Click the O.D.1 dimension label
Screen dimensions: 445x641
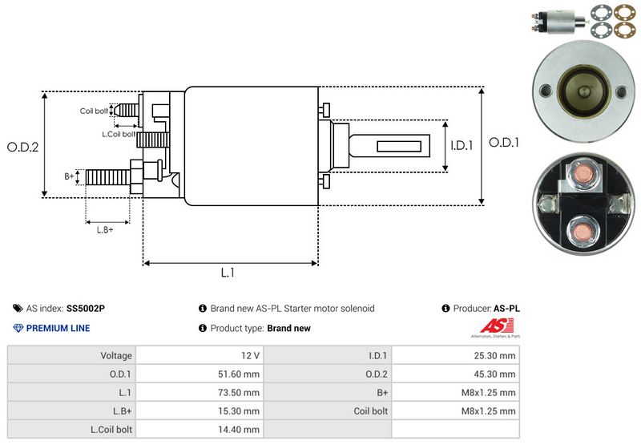[x=505, y=143]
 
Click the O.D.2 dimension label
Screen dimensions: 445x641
[x=23, y=147]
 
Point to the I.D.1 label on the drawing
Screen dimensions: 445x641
[x=462, y=146]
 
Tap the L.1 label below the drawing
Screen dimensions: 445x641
[x=228, y=273]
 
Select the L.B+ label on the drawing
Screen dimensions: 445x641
[x=105, y=230]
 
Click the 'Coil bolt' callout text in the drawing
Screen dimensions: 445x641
[x=94, y=111]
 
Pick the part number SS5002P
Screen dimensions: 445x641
[x=86, y=308]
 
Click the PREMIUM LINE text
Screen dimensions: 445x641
[x=58, y=328]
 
